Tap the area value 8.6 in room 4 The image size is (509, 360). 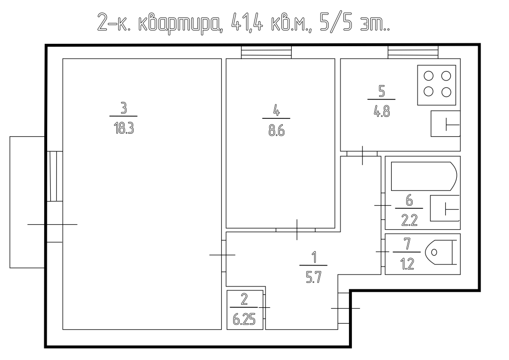pos(276,131)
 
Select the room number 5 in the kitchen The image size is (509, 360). pos(381,91)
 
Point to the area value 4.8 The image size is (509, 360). pos(381,112)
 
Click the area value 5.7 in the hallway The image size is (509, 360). pos(313,277)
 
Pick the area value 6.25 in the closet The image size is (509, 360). pos(244,320)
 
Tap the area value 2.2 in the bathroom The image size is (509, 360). pos(409,221)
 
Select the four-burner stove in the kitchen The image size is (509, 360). pos(436,85)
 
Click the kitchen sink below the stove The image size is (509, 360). pos(445,124)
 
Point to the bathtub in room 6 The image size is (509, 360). pos(424,176)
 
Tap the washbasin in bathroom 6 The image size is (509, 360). pos(445,208)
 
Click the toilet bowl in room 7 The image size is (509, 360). pos(441,252)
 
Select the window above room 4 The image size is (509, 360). pos(266,52)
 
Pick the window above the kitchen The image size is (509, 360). pos(413,52)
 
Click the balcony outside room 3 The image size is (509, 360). pos(27,202)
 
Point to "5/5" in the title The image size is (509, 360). pos(336,22)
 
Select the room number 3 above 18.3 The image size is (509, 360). pos(123,108)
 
